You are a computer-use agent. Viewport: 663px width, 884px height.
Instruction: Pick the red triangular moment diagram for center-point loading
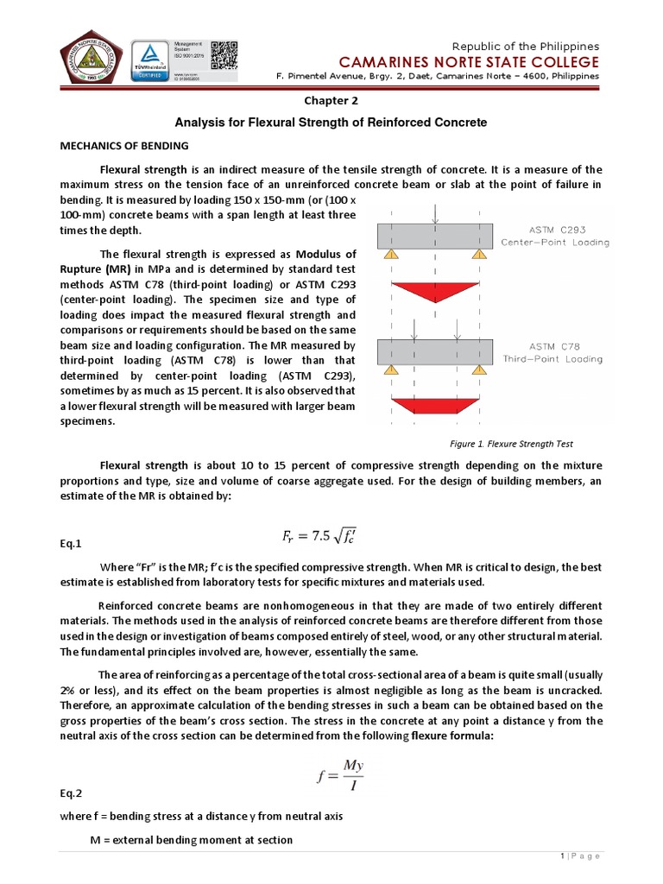coord(435,293)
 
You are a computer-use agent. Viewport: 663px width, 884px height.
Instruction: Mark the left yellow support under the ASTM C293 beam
coord(390,255)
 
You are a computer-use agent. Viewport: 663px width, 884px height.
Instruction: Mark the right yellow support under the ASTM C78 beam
coord(480,369)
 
